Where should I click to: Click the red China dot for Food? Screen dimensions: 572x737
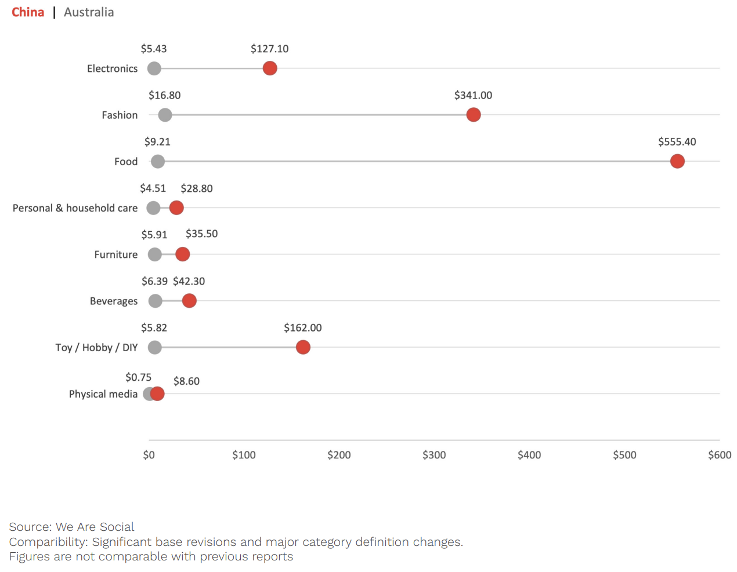(x=677, y=161)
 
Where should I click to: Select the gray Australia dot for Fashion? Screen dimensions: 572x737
(x=165, y=115)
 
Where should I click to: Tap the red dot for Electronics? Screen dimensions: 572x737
(x=269, y=68)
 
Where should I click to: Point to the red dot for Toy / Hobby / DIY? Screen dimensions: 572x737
(x=303, y=347)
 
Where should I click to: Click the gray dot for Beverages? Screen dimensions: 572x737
(x=155, y=301)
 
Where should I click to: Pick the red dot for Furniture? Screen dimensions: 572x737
(x=182, y=254)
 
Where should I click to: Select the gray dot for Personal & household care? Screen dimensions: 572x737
(x=153, y=207)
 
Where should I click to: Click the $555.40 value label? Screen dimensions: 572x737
(x=677, y=142)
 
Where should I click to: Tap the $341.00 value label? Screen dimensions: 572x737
(x=473, y=96)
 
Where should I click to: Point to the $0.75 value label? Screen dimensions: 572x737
(x=138, y=377)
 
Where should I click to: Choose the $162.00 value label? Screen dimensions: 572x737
(x=302, y=328)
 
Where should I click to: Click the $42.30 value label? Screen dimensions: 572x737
(x=189, y=282)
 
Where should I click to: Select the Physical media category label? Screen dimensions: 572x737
(x=103, y=394)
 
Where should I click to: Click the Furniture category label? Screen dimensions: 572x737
(x=116, y=254)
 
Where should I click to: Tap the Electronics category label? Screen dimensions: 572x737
(x=112, y=68)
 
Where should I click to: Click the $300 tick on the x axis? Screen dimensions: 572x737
(x=434, y=455)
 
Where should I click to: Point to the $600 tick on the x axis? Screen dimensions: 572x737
(x=719, y=455)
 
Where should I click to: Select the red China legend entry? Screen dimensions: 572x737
(x=28, y=12)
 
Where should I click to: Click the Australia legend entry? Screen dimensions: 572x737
(x=89, y=12)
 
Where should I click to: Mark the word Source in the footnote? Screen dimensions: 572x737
(x=30, y=527)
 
